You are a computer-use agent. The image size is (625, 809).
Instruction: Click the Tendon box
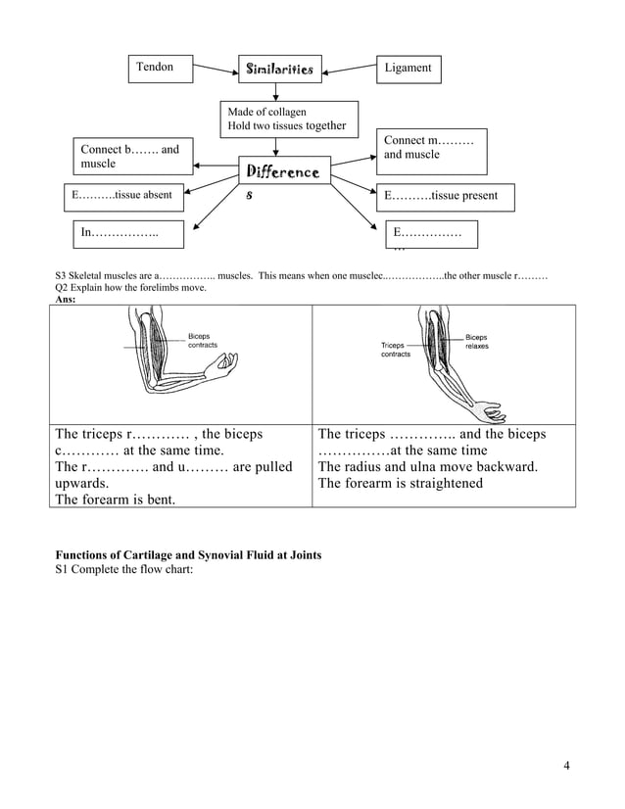(161, 69)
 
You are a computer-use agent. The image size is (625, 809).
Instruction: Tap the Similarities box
(280, 70)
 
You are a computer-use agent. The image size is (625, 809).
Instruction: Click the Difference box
(281, 172)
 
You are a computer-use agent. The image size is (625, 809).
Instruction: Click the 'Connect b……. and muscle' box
(130, 157)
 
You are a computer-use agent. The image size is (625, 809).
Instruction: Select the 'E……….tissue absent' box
(122, 196)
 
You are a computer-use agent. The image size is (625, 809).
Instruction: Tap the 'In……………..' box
(120, 235)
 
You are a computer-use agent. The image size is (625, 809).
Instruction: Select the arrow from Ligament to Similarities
(352, 71)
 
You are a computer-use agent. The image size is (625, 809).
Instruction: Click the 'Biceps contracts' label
(203, 341)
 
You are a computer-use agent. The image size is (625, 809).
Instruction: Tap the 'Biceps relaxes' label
(478, 341)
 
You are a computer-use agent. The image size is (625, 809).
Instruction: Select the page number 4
(567, 765)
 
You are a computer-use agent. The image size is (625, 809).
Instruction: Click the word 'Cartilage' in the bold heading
(144, 555)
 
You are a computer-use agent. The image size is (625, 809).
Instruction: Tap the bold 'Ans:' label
(66, 299)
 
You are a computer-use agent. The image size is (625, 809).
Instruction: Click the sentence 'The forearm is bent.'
(116, 500)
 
